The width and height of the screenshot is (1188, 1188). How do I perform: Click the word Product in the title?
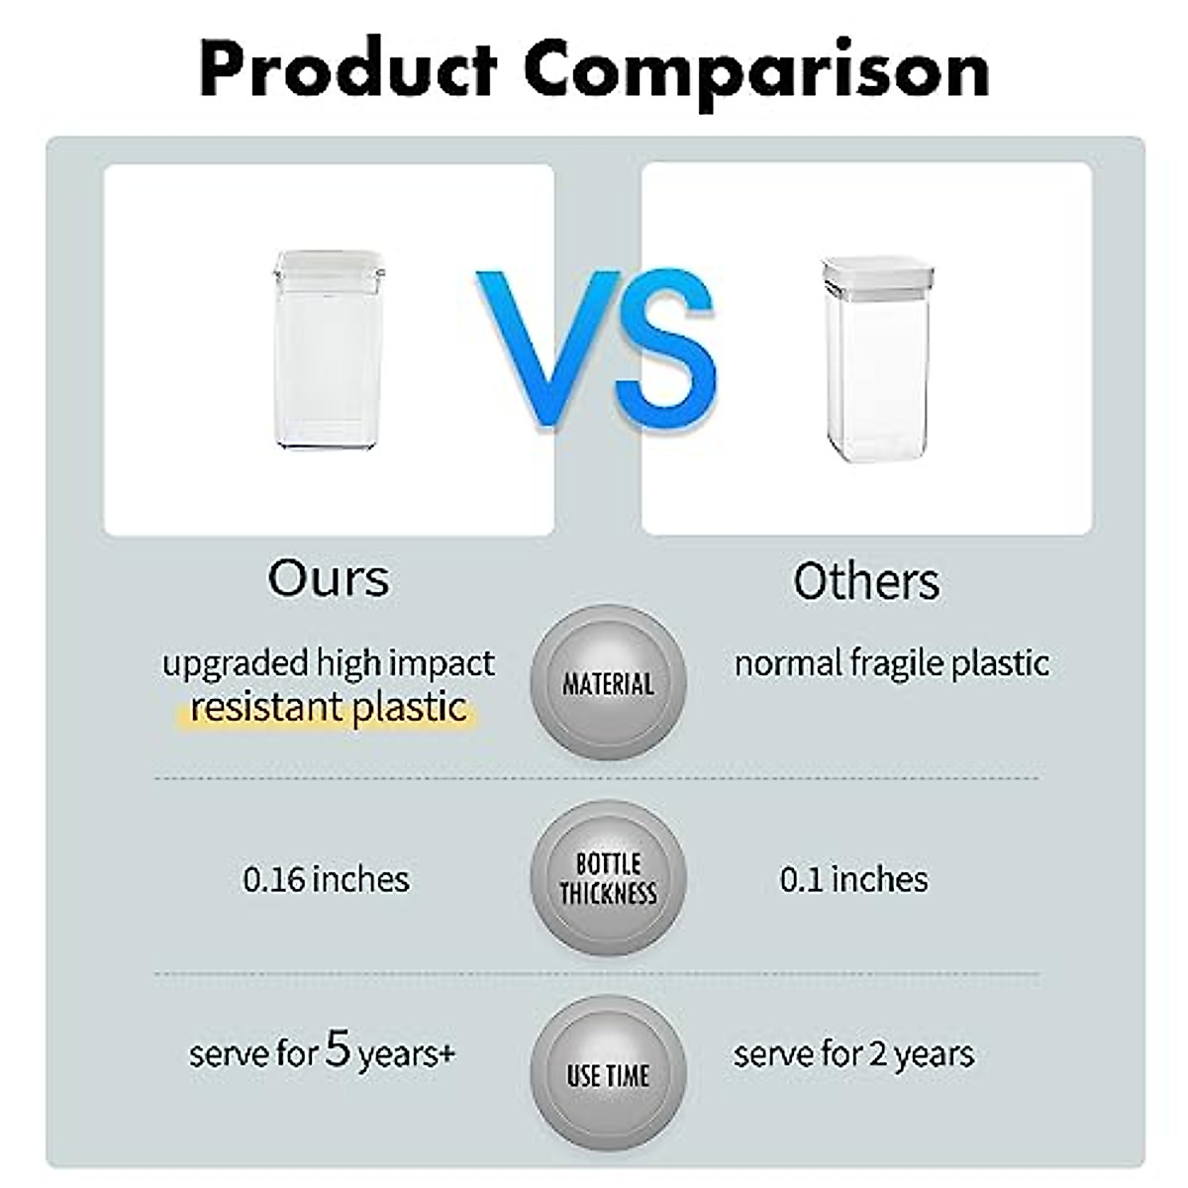(x=348, y=69)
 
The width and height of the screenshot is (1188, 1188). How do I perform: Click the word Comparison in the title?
(x=757, y=74)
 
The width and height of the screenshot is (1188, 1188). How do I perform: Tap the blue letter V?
(x=549, y=348)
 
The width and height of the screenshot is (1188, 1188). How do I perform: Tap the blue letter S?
(x=667, y=348)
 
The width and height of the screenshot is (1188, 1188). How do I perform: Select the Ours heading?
(x=328, y=578)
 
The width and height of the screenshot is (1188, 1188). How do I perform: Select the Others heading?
(x=866, y=581)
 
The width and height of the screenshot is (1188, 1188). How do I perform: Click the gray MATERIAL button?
(x=608, y=682)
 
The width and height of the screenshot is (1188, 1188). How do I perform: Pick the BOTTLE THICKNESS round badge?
(x=608, y=877)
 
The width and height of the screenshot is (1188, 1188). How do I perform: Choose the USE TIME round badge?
(x=608, y=1073)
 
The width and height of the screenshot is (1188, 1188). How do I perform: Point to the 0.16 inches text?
(x=326, y=878)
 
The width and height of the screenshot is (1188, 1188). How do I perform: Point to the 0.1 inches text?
(x=853, y=878)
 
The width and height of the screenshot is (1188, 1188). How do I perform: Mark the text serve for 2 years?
(x=853, y=1055)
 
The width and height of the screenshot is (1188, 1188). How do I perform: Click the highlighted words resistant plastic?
(x=328, y=707)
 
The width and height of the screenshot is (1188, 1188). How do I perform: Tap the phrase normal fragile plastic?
(x=891, y=664)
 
